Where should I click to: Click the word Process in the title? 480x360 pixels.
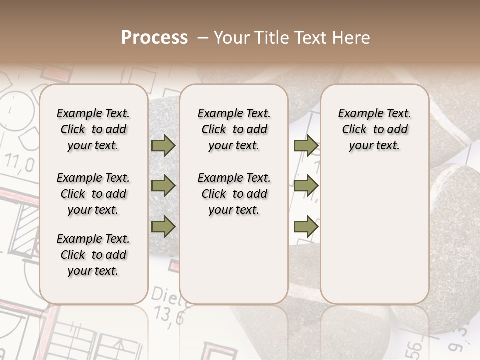[154, 38]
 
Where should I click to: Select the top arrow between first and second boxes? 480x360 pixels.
[163, 145]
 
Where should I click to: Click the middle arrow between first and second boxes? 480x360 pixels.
[163, 186]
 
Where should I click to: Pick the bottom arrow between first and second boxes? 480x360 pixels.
[163, 226]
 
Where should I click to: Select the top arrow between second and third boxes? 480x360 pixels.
[306, 145]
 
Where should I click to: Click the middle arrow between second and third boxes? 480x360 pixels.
[306, 186]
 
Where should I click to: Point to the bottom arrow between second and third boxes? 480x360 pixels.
[306, 226]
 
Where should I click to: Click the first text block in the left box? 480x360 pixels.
[93, 129]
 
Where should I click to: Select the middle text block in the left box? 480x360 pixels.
[93, 194]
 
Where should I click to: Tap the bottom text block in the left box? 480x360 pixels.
[93, 255]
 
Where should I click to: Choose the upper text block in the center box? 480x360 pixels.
[234, 129]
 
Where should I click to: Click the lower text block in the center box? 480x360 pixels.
[234, 194]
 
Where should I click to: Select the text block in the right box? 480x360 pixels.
[374, 129]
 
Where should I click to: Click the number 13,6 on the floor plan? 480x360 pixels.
[169, 315]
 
